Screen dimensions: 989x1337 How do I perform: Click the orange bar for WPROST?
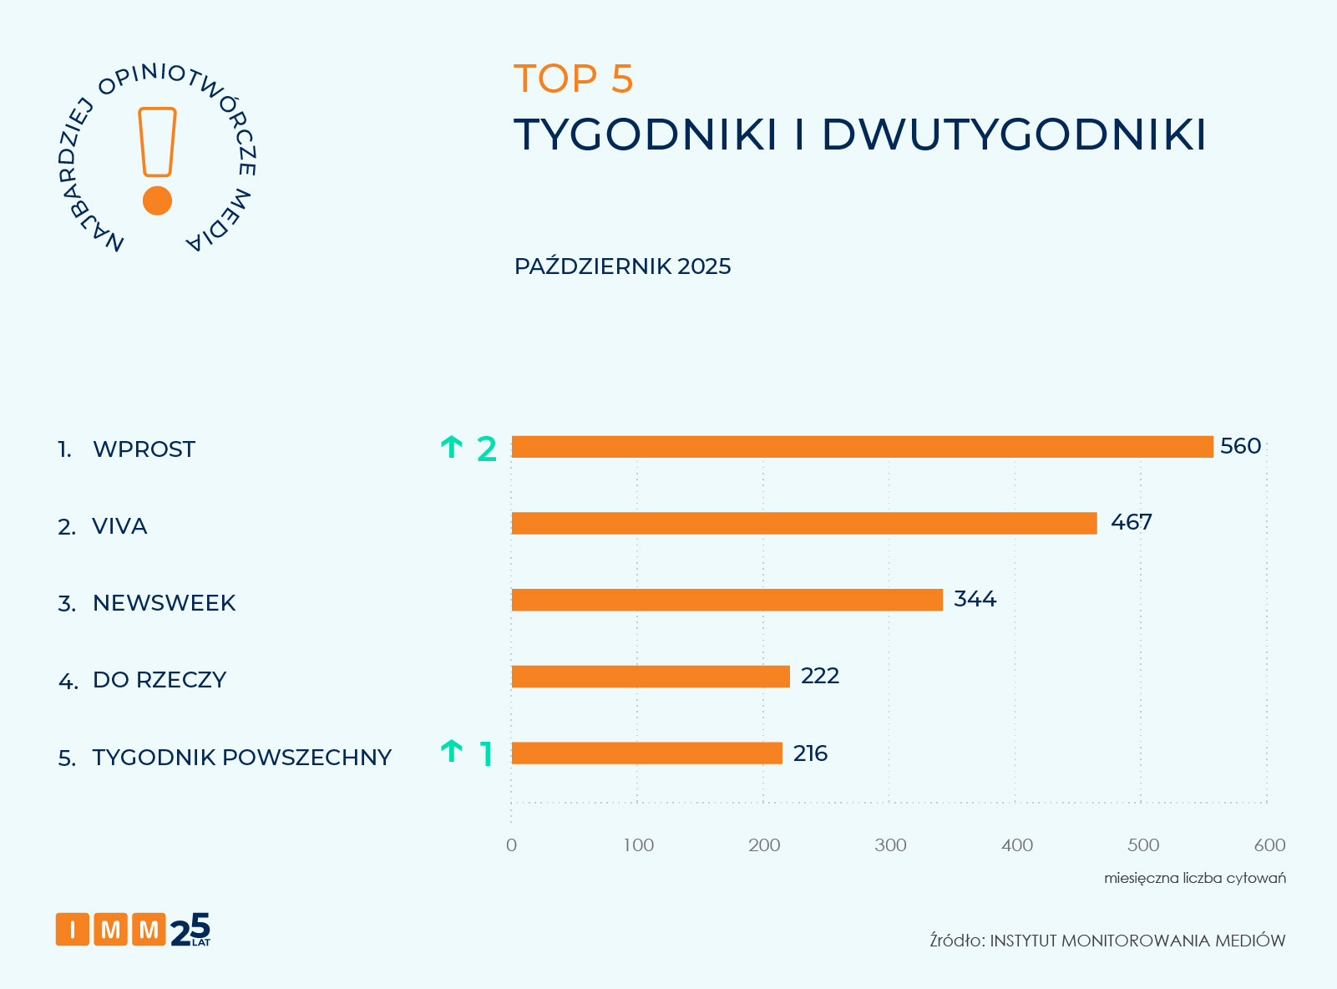tap(862, 447)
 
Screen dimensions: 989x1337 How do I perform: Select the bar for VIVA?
tap(803, 524)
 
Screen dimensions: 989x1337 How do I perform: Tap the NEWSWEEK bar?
tap(727, 600)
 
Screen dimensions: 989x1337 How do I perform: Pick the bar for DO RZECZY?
tap(650, 677)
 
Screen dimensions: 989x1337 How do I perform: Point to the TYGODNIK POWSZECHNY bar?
tap(646, 753)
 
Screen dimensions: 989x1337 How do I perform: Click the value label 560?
tap(1240, 446)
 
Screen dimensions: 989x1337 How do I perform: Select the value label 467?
tap(1131, 523)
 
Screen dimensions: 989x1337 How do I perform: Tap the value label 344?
tap(975, 599)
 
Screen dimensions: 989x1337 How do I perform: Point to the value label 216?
tap(810, 753)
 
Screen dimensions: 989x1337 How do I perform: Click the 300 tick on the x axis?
tap(890, 845)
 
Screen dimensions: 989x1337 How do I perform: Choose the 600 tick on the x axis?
tap(1269, 845)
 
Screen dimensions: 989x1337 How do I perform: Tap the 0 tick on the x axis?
tap(511, 845)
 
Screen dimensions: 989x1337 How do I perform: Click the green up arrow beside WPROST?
tap(451, 448)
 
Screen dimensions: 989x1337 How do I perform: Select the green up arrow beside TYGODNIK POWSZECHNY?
tap(451, 752)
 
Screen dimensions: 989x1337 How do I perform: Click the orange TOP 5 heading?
tap(574, 79)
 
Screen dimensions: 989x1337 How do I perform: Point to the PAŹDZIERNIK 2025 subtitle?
tap(622, 266)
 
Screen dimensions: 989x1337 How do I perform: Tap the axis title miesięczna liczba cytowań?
tap(1194, 878)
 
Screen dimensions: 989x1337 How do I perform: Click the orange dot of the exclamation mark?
tap(157, 200)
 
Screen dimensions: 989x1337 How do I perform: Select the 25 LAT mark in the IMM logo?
tap(190, 930)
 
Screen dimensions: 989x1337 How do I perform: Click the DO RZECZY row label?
tap(160, 680)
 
